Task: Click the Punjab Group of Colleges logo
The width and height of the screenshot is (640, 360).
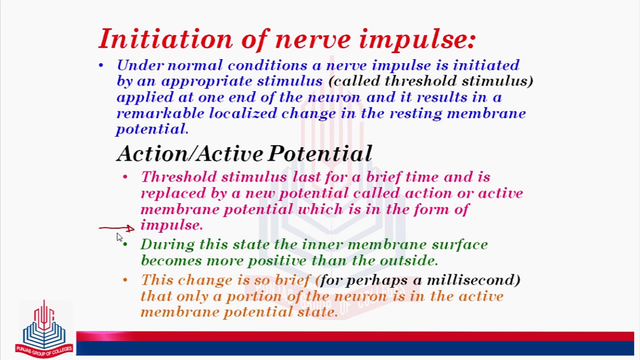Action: tap(44, 330)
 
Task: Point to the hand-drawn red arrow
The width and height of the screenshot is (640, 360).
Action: tap(117, 228)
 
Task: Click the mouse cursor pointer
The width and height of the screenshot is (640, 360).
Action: tap(119, 237)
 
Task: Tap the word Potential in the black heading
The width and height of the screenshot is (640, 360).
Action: tap(320, 154)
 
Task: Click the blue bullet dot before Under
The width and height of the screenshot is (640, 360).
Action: tap(101, 65)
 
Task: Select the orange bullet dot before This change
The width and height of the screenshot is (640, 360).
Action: tap(125, 280)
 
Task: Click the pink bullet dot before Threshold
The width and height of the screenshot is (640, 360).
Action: tap(125, 177)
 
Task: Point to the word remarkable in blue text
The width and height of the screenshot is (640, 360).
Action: tap(160, 113)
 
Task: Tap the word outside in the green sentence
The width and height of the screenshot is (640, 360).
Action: tap(408, 261)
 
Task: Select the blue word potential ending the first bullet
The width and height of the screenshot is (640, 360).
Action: tap(152, 129)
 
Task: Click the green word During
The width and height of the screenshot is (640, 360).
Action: tap(167, 245)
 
